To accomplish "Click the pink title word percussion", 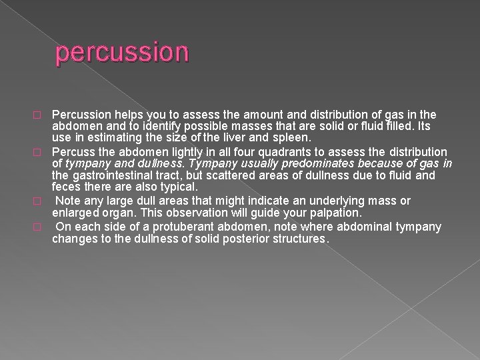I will coord(123,52).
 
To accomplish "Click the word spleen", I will coord(291,138).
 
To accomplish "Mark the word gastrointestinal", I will coord(111,175).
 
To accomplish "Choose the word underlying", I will coord(311,201).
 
